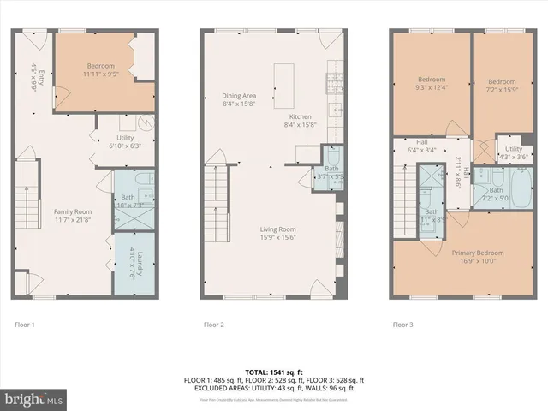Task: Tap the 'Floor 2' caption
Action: [213, 325]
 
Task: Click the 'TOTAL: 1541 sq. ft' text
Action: [274, 372]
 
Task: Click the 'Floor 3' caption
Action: [402, 325]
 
